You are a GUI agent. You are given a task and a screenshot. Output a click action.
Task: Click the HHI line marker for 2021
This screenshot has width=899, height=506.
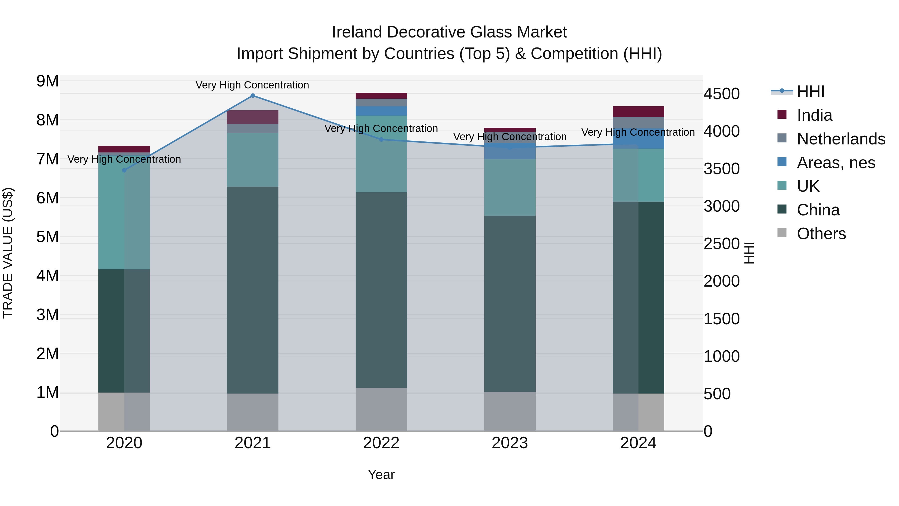pos(253,96)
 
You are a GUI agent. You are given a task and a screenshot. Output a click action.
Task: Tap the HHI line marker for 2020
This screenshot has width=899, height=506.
pos(124,170)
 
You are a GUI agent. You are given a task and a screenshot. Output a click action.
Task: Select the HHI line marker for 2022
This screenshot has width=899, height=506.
pos(381,140)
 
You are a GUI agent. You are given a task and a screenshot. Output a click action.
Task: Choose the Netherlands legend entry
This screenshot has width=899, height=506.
pos(841,139)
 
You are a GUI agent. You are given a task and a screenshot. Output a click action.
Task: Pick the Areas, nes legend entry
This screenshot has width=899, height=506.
pos(836,163)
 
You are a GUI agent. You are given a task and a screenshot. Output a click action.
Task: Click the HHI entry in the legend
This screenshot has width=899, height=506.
pos(810,91)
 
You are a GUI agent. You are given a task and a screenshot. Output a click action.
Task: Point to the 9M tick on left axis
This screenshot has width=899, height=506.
pos(48,81)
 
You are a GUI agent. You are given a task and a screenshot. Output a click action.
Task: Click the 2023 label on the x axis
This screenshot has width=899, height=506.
pos(509,443)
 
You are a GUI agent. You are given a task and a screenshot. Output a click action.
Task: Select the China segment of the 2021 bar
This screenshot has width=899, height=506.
pos(253,290)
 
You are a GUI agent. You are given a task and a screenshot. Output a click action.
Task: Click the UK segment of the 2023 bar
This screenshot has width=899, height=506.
pos(509,187)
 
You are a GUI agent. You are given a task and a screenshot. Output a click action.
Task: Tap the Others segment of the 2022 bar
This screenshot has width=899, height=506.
pos(381,409)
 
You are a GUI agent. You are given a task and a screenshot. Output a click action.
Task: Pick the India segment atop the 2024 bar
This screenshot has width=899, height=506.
pos(638,111)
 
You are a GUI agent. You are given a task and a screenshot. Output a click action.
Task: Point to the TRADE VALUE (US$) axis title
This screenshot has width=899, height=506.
pos(8,253)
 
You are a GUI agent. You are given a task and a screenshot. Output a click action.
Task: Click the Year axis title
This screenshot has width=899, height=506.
pos(381,475)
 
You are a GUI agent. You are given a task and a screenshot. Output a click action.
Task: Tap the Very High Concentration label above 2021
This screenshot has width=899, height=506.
pos(252,85)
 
